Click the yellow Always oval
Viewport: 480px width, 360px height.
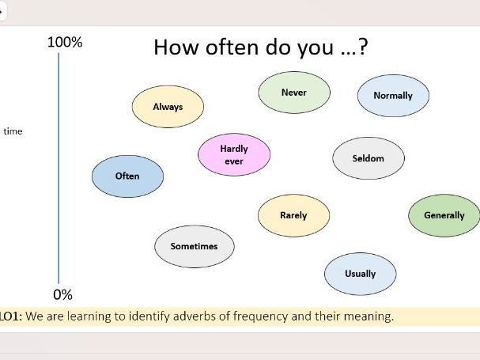pyautogui.click(x=168, y=106)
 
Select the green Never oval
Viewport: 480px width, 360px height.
pyautogui.click(x=293, y=93)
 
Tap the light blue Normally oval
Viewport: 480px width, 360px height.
pyautogui.click(x=393, y=96)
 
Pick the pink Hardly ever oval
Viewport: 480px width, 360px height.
pyautogui.click(x=234, y=154)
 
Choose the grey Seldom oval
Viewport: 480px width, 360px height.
pyautogui.click(x=369, y=158)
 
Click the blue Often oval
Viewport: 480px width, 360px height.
pyautogui.click(x=127, y=176)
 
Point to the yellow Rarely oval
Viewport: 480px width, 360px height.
pyautogui.click(x=293, y=215)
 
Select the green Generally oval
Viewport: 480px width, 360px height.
pyautogui.click(x=444, y=215)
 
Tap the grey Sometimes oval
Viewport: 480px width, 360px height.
pyautogui.click(x=194, y=246)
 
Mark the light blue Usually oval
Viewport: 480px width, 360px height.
pyautogui.click(x=360, y=274)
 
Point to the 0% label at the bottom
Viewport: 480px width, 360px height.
pyautogui.click(x=62, y=295)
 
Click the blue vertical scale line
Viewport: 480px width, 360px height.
pyautogui.click(x=59, y=166)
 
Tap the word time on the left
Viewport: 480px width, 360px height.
pyautogui.click(x=13, y=131)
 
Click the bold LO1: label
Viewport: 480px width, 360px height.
pyautogui.click(x=12, y=316)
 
